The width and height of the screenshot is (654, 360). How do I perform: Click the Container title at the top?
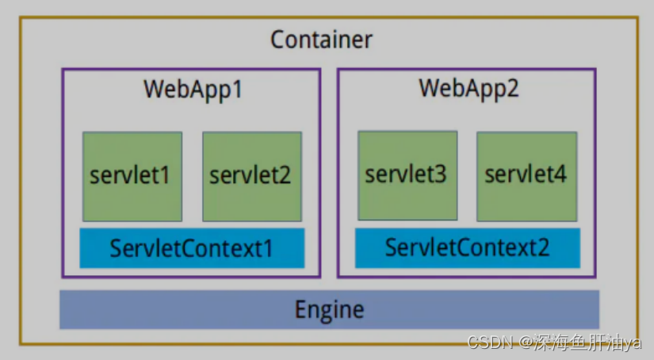click(x=321, y=39)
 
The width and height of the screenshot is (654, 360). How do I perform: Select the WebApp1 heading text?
click(x=193, y=88)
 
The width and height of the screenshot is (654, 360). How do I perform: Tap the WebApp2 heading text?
click(x=469, y=88)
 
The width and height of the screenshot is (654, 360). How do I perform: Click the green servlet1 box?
click(x=132, y=176)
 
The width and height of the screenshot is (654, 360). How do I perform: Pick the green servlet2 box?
click(x=251, y=176)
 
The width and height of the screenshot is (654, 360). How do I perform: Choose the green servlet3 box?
click(x=407, y=175)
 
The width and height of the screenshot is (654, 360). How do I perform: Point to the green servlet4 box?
click(x=526, y=175)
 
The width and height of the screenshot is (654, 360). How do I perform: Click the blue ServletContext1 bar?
click(x=192, y=248)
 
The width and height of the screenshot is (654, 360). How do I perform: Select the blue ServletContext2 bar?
click(x=467, y=247)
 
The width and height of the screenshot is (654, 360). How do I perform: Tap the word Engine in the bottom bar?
click(x=329, y=308)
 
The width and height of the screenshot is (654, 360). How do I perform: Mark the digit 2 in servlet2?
click(x=284, y=175)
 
